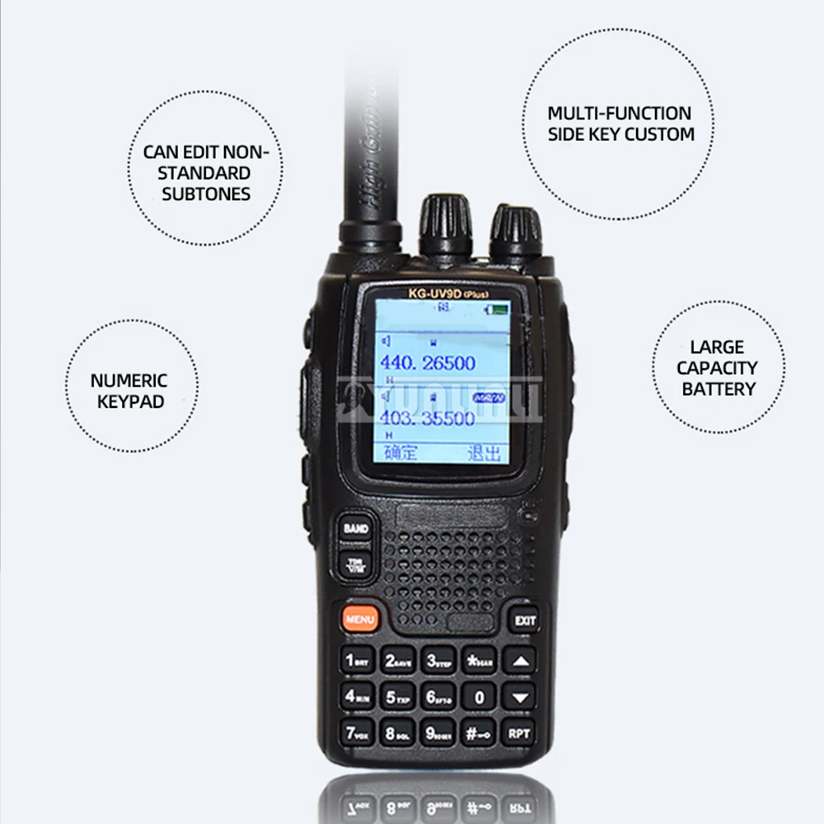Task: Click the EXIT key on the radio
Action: coord(525,620)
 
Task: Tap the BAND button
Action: coord(355,528)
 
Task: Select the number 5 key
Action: coord(398,697)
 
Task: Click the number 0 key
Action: coord(479,698)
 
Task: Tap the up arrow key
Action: coord(519,660)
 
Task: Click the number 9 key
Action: coord(438,733)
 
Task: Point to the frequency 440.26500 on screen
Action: coord(427,363)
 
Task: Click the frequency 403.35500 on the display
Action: coord(427,418)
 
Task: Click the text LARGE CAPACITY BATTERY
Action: coord(718,368)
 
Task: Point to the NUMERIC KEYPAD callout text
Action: coord(129,391)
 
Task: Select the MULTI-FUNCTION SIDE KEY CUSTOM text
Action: coord(620,124)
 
